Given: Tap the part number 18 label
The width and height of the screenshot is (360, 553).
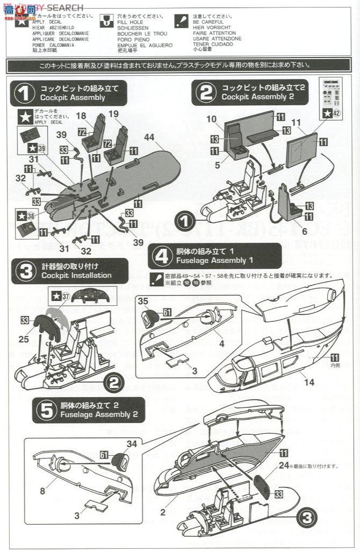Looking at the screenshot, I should pos(81,116).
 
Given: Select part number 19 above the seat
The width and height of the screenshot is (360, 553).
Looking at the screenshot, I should pos(113,114).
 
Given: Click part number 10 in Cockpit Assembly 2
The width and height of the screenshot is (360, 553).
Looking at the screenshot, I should pos(212,118).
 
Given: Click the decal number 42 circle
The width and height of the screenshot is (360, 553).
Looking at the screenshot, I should pos(335,113).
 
